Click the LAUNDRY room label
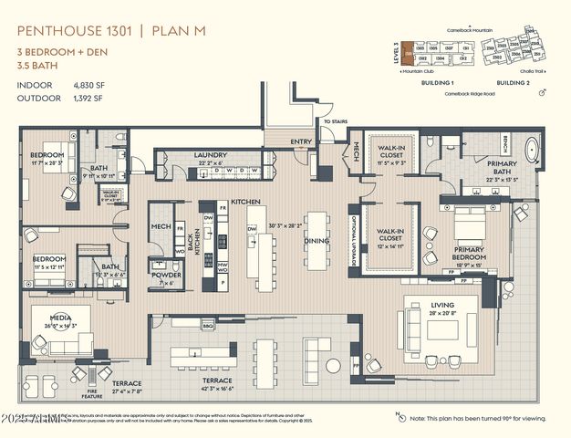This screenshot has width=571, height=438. (210, 155)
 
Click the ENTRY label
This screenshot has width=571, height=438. (300, 141)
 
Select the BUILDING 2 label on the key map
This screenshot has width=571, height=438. (514, 82)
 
